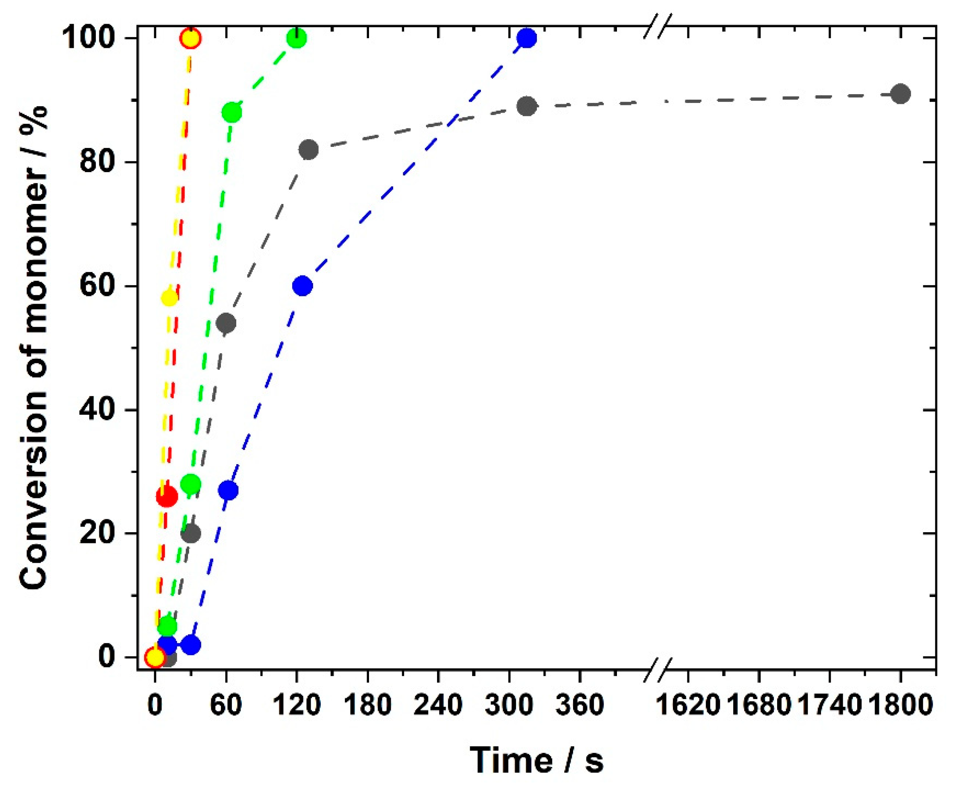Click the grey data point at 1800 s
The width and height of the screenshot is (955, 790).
point(900,94)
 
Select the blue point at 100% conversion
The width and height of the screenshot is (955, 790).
point(527,38)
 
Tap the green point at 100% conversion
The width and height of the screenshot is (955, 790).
point(297,38)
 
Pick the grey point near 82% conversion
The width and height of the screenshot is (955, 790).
point(309,150)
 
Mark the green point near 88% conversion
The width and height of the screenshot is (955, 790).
point(232,112)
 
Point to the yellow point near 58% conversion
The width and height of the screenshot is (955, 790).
point(169,298)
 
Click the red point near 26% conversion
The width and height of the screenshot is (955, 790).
point(167,496)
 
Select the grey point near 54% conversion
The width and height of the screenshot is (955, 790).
point(227,323)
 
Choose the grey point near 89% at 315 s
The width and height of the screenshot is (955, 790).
point(527,106)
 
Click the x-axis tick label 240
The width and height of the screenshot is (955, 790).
point(437,706)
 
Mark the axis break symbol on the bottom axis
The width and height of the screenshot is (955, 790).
point(658,670)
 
